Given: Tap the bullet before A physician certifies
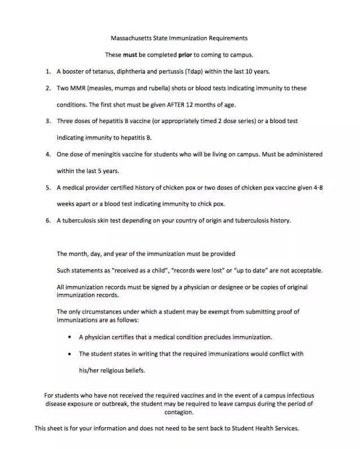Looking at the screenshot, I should click(x=69, y=337).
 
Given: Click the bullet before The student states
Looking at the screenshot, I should click(x=69, y=354).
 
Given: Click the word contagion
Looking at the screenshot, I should click(x=178, y=412).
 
